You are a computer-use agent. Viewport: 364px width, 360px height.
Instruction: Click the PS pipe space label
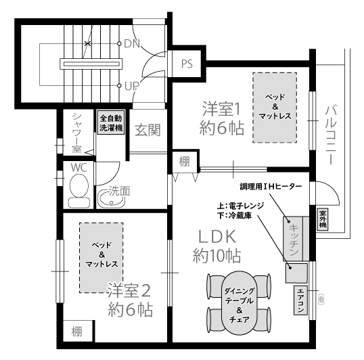coord(187,64)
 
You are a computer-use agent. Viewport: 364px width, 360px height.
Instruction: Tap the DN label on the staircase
coord(132,43)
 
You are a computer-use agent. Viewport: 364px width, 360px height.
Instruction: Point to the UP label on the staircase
coord(132,86)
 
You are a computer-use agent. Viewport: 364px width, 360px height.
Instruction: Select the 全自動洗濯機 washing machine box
coord(111,122)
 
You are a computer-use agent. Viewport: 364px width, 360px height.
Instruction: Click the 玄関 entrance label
coord(148,130)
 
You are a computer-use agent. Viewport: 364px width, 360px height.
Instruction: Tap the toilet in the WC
coord(79,190)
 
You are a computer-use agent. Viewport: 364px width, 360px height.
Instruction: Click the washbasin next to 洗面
coord(111,199)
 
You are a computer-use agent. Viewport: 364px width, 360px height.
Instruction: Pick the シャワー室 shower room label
coord(76,133)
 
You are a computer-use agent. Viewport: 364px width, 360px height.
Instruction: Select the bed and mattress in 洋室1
coord(275,108)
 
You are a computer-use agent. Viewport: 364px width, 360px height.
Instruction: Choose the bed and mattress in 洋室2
coord(101,258)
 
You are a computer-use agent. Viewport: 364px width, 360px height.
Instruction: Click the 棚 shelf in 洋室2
coord(78,331)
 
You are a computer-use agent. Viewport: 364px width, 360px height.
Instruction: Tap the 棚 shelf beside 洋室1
coord(184,161)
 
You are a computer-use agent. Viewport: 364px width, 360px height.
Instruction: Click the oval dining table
coord(240,302)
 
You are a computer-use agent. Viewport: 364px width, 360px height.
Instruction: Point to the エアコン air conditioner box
coord(300,300)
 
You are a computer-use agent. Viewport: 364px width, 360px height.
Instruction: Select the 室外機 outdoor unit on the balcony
coord(323,219)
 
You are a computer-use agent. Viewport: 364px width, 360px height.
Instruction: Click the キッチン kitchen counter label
coord(294,240)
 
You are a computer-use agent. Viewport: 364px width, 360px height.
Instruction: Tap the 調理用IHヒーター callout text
coord(271,186)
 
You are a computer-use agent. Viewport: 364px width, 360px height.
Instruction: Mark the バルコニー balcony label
coord(331,135)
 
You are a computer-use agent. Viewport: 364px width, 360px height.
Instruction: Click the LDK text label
coord(217,237)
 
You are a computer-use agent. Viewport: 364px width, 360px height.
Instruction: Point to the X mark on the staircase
coord(87,43)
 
